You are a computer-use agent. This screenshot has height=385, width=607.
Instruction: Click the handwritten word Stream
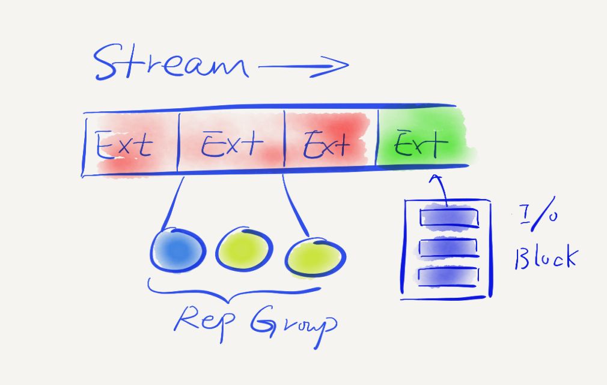(x=171, y=63)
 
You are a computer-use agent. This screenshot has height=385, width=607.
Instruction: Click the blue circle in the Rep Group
(x=175, y=249)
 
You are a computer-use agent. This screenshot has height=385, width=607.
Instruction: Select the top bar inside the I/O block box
(x=448, y=217)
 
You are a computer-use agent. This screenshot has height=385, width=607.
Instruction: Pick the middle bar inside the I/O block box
(x=448, y=247)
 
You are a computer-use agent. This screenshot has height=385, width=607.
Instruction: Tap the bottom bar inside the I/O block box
(x=448, y=275)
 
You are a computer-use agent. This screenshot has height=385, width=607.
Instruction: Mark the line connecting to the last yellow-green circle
(x=294, y=205)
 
